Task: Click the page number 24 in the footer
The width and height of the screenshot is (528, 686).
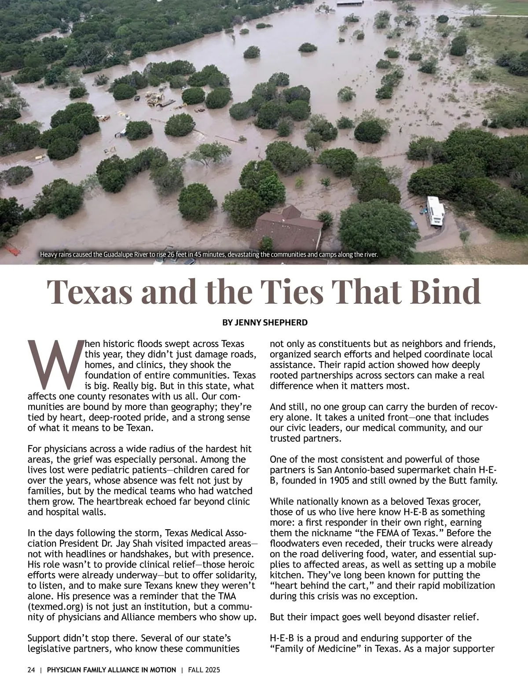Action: tap(31, 670)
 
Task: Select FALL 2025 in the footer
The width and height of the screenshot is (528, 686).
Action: tap(204, 670)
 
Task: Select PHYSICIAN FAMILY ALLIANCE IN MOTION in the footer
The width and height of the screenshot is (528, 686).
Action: tap(111, 670)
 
